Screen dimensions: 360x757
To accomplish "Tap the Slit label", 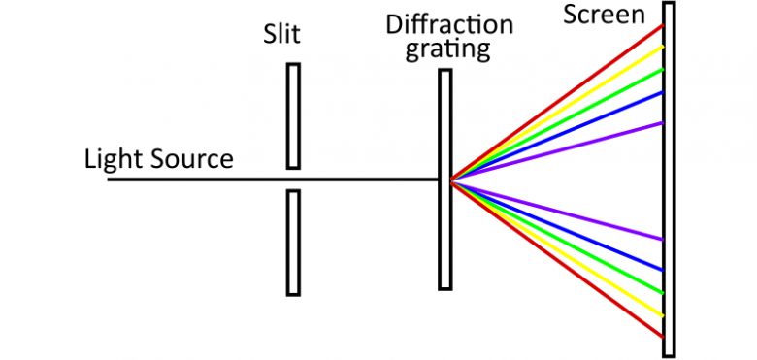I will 281,35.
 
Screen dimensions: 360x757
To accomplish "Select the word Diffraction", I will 449,24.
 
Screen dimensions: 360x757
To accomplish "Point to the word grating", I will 447,49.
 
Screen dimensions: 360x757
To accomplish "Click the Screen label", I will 604,15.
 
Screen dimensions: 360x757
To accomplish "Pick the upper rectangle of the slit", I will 293,115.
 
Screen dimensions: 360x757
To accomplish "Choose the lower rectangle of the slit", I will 293,242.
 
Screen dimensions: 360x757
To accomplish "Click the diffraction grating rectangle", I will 444,233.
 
